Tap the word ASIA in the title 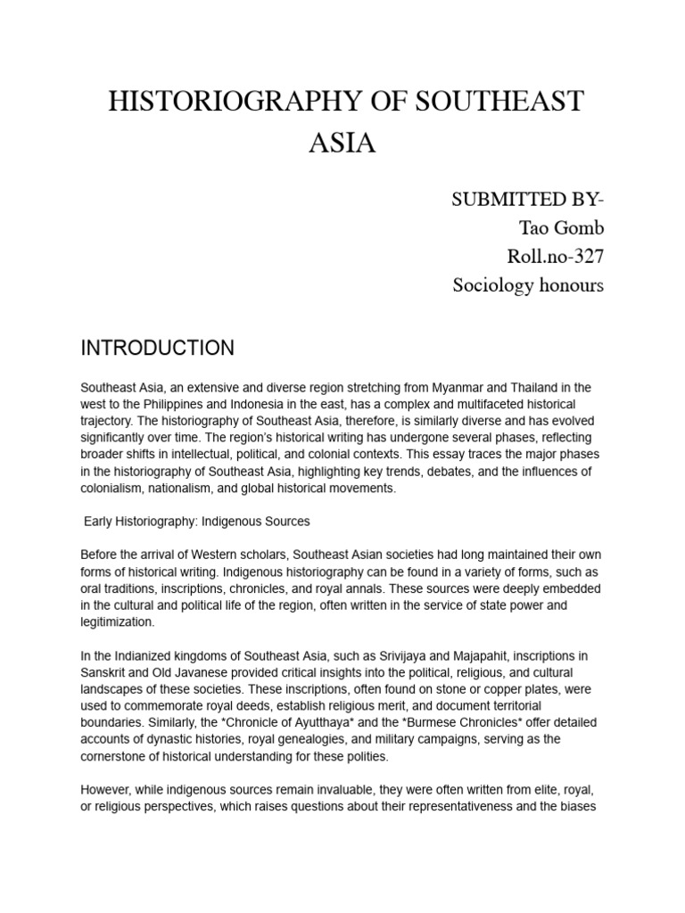coord(342,144)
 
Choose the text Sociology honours coord(528,285)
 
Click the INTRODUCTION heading coord(157,348)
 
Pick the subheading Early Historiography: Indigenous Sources coord(196,521)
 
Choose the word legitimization coord(117,621)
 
